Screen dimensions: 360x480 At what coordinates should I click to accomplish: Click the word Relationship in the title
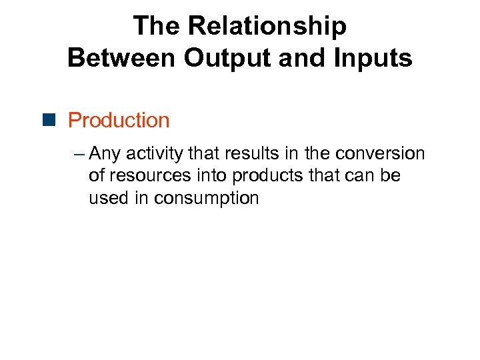point(268,26)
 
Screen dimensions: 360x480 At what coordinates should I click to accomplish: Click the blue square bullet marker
point(54,120)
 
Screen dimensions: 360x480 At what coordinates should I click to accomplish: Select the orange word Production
point(119,120)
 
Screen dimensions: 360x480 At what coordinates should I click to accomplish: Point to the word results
point(249,154)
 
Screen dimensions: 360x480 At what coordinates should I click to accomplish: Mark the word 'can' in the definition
point(359,176)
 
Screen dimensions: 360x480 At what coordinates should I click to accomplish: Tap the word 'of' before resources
point(97,176)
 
